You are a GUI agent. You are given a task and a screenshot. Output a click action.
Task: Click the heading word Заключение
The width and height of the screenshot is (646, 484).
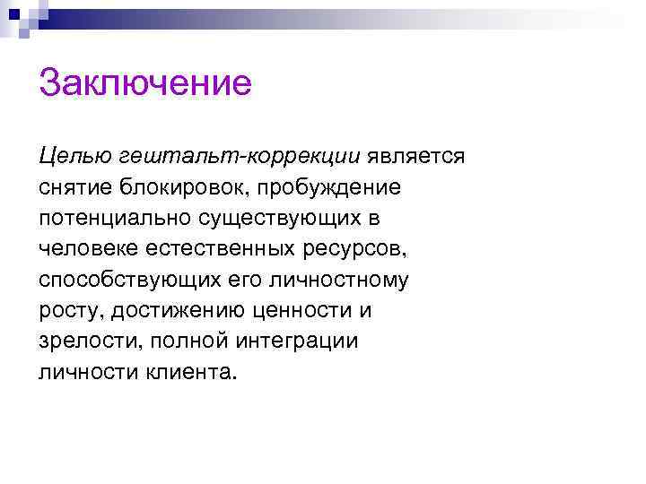pyautogui.click(x=144, y=85)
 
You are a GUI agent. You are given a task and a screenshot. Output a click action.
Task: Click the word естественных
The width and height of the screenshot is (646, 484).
pyautogui.click(x=216, y=248)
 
